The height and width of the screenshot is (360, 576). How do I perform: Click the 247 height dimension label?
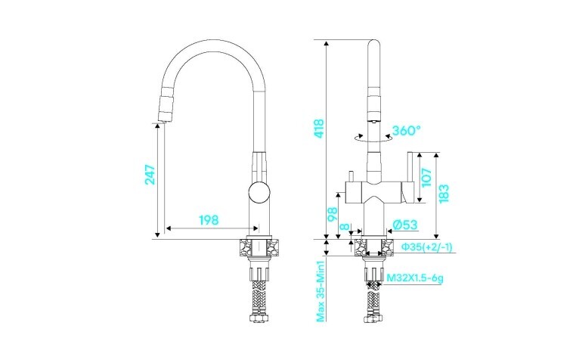(x=150, y=175)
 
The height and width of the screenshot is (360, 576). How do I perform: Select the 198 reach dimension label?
(x=209, y=220)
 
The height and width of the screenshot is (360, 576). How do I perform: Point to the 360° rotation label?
(x=407, y=131)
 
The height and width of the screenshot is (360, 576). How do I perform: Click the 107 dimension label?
(x=427, y=176)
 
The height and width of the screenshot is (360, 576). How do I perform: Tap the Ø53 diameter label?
(x=406, y=224)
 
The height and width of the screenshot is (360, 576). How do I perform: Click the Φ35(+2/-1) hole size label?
(x=426, y=247)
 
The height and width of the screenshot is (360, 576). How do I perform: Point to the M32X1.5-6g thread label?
(x=415, y=278)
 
